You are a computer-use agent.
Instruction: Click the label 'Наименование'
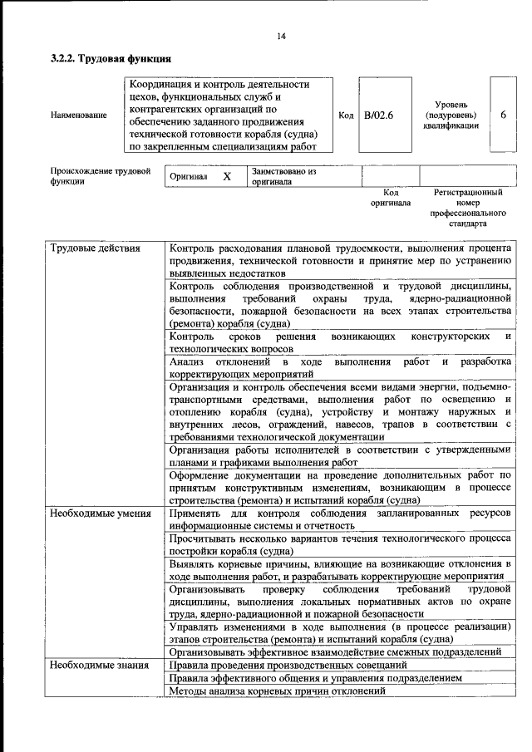coord(78,115)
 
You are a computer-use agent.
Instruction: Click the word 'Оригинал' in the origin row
coord(188,177)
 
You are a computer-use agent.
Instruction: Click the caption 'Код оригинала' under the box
coord(391,198)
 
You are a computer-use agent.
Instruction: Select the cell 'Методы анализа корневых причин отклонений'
coord(277,691)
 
